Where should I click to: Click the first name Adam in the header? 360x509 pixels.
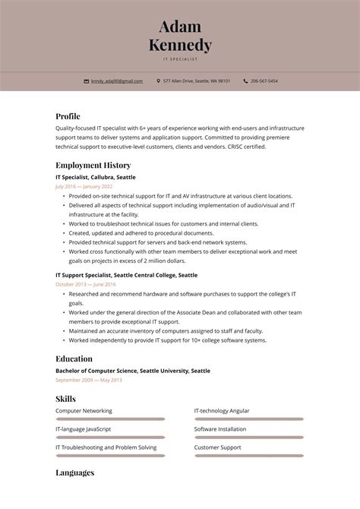pyautogui.click(x=180, y=27)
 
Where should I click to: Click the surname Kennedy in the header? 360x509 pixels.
pyautogui.click(x=180, y=45)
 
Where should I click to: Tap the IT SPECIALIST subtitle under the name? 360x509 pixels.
pyautogui.click(x=180, y=58)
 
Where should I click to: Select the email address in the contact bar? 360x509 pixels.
pyautogui.click(x=117, y=81)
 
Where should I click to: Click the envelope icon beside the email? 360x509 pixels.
pyautogui.click(x=87, y=81)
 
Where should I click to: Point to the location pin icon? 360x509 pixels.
pyautogui.click(x=158, y=81)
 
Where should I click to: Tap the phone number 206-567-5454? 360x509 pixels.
pyautogui.click(x=265, y=81)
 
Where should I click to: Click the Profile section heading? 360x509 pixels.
pyautogui.click(x=68, y=116)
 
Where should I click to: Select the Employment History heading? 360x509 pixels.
pyautogui.click(x=93, y=165)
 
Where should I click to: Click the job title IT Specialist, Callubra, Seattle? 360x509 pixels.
pyautogui.click(x=96, y=177)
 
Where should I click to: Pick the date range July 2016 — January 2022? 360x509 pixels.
pyautogui.click(x=84, y=186)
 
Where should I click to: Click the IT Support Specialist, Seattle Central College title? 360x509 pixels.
pyautogui.click(x=126, y=275)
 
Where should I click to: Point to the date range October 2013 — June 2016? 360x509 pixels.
pyautogui.click(x=85, y=284)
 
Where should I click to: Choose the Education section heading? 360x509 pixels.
pyautogui.click(x=74, y=359)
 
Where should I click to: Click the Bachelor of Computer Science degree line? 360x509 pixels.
pyautogui.click(x=133, y=371)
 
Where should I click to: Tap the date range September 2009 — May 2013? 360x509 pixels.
pyautogui.click(x=88, y=380)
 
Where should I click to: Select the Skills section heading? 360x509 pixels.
pyautogui.click(x=65, y=399)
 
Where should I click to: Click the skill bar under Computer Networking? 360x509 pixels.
pyautogui.click(x=110, y=419)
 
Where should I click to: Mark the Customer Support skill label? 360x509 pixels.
pyautogui.click(x=217, y=447)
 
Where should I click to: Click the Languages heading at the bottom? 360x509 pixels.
pyautogui.click(x=74, y=473)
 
